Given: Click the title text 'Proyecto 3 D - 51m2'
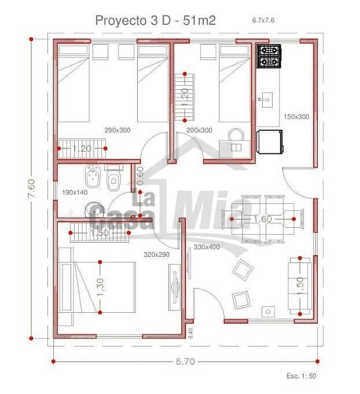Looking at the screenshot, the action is tap(155, 20).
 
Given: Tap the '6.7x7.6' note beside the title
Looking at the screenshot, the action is tap(263, 20).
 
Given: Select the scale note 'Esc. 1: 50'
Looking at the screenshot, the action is tap(302, 375).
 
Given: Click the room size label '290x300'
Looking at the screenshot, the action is tap(117, 130).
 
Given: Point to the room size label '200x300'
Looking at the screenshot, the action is tap(199, 130).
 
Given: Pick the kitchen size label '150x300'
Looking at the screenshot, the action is tap(296, 116).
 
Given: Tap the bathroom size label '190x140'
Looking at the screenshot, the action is tap(75, 192).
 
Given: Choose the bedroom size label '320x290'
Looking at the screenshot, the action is tap(157, 254).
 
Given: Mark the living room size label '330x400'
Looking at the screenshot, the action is tap(207, 247).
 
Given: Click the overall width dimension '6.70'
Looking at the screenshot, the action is tap(185, 362).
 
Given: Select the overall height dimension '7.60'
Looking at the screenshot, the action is tap(32, 188).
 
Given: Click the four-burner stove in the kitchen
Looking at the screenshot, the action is tap(269, 56).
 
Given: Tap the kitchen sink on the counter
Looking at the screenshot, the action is tap(266, 100).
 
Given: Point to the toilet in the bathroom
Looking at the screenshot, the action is tap(113, 178).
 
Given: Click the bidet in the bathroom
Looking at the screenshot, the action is tap(93, 176).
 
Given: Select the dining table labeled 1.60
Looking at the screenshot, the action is tap(263, 219).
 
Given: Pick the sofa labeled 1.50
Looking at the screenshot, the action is tap(300, 286).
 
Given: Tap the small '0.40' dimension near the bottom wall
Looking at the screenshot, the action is tap(191, 333).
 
